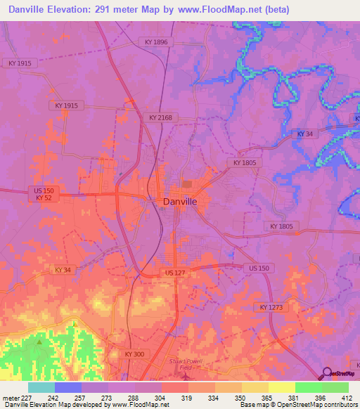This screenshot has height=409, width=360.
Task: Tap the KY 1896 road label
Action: [156, 42]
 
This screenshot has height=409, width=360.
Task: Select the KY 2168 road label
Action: [160, 117]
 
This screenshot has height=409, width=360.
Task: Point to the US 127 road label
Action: [176, 273]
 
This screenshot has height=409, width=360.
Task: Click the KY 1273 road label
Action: [270, 307]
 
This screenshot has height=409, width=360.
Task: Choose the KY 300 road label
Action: [134, 354]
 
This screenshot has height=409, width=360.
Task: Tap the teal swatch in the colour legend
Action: [41, 387]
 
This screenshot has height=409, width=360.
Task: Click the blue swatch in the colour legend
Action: [68, 387]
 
